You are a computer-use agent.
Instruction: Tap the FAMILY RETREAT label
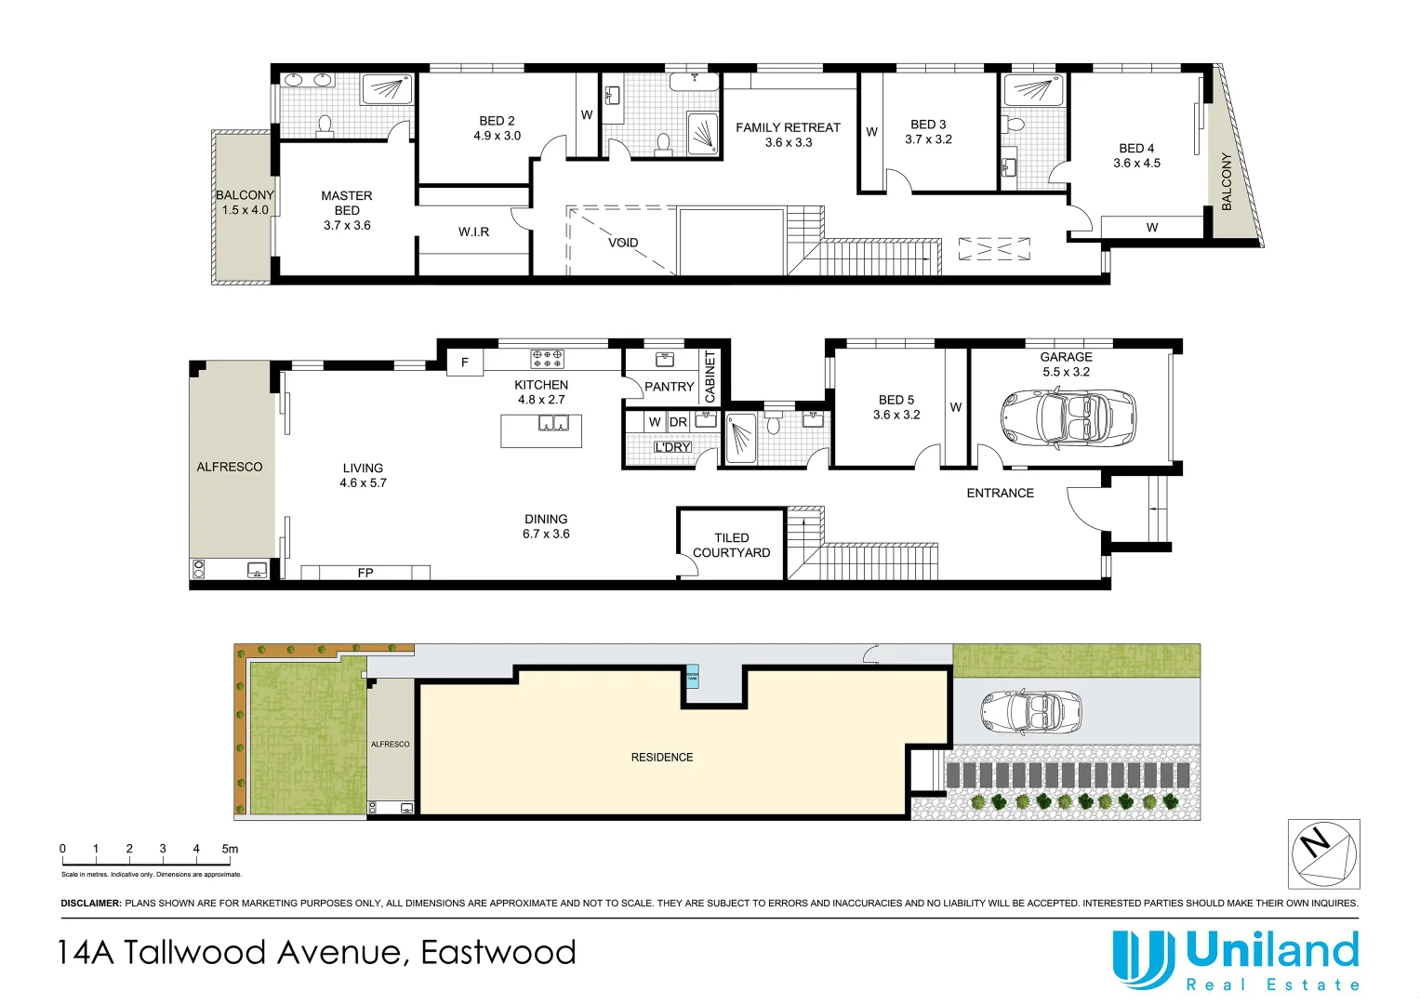pos(788,128)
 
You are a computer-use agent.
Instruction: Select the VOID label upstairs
pos(623,243)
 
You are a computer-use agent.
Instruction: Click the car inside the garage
pos(1068,418)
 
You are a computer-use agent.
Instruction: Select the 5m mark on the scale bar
pos(229,849)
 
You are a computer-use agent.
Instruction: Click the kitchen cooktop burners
pos(547,359)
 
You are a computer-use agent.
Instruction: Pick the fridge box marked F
pos(465,362)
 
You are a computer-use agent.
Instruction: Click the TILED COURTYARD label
pos(731,545)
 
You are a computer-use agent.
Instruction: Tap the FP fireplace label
pos(365,573)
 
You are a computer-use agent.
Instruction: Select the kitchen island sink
pos(553,424)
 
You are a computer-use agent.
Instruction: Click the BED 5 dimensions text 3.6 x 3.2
pos(896,415)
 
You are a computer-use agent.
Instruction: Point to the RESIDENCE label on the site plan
pos(662,757)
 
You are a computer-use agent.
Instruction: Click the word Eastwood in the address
pos(498,953)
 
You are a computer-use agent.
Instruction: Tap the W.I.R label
pos(473,231)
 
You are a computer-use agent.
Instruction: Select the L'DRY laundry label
pos(672,447)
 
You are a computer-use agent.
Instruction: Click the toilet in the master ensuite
pos(325,125)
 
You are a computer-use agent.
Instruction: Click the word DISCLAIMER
pos(90,903)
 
